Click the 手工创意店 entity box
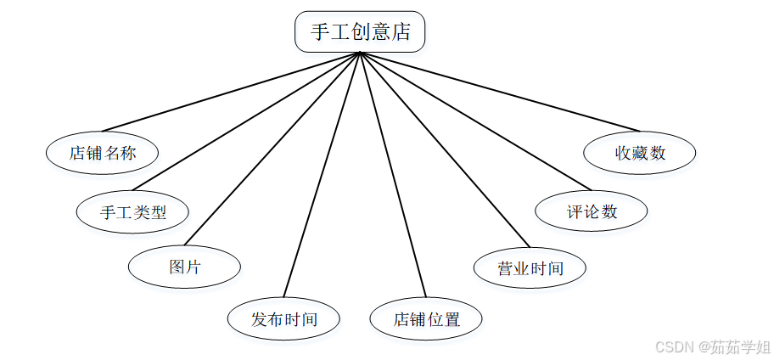(360, 32)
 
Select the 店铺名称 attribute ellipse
(102, 153)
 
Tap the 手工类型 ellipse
(132, 212)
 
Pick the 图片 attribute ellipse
(184, 266)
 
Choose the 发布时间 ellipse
(283, 319)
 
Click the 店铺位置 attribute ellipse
(426, 319)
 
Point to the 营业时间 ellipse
(530, 268)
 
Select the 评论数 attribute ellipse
(592, 211)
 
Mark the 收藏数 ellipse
(640, 153)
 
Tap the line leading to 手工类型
(246, 121)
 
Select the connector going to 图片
(272, 149)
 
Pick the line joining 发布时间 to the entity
(322, 174)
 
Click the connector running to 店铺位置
(393, 174)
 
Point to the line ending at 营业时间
(443, 149)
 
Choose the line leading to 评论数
(474, 121)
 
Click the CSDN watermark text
(714, 346)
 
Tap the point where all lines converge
(360, 53)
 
